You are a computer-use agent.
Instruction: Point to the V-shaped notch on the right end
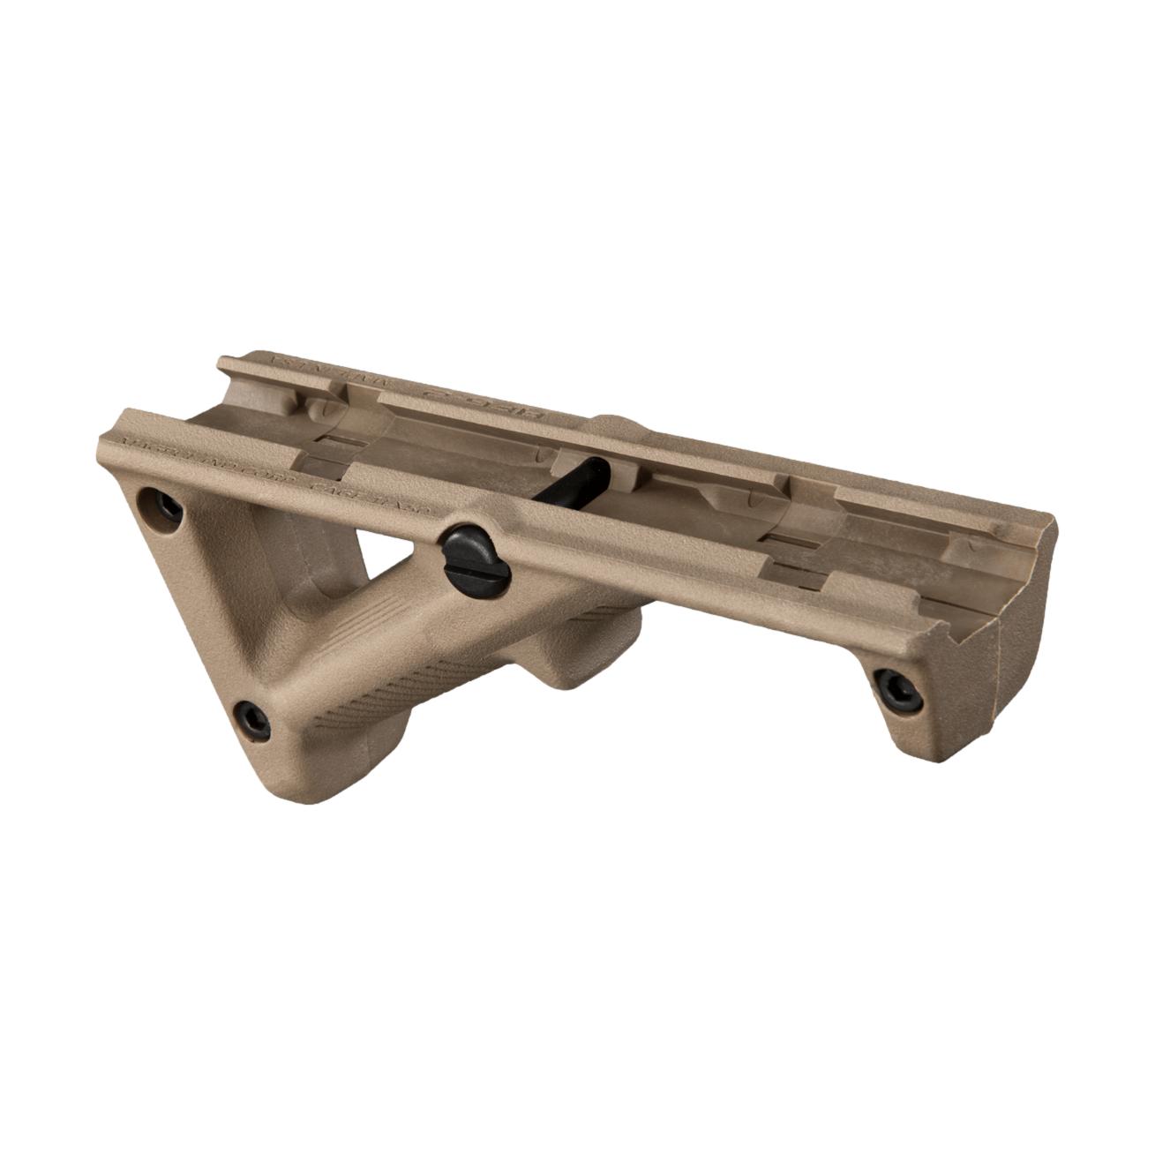[x=966, y=609]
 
